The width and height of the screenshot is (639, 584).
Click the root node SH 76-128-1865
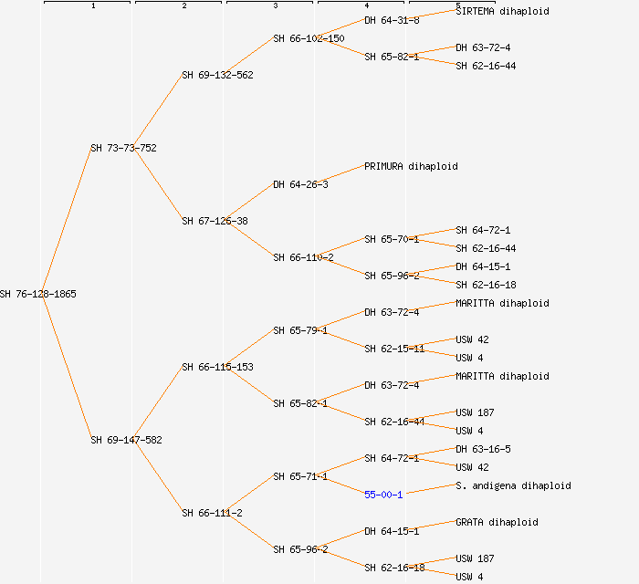point(38,294)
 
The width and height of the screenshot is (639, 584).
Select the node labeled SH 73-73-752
point(123,148)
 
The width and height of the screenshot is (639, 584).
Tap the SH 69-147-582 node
point(126,440)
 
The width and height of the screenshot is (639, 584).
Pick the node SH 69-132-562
point(217,75)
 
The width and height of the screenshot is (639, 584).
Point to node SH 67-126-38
point(215,221)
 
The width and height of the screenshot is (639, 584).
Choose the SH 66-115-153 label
point(217,367)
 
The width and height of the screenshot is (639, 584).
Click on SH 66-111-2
point(212,513)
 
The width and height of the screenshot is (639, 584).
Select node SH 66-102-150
point(309,38)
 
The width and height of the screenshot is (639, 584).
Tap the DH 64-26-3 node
point(300,184)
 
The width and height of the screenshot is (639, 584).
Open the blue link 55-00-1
point(383,495)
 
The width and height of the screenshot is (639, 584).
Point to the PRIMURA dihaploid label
point(411,166)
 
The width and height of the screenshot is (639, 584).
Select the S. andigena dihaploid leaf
point(513,485)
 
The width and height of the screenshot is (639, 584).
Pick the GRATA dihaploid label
point(497,522)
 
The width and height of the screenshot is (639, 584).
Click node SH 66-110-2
point(303,257)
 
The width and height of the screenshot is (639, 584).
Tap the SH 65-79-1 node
point(300,330)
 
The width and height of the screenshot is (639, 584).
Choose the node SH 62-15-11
point(394,349)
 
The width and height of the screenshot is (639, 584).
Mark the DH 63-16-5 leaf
point(483,449)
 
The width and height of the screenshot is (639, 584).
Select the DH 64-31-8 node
point(392,20)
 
